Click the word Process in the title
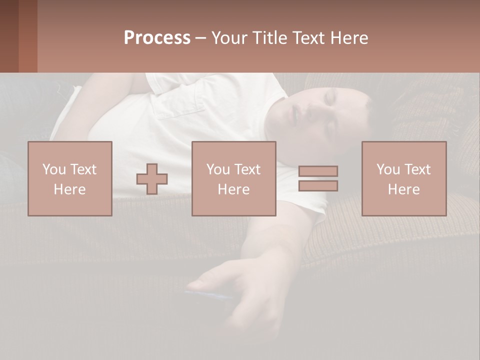(157, 38)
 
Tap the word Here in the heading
(348, 38)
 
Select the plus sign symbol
(152, 179)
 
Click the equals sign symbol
(318, 178)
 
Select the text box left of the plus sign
(70, 178)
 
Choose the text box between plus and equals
(233, 178)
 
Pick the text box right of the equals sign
(403, 178)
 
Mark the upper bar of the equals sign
(318, 171)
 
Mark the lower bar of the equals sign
(318, 185)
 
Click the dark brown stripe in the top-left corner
(9, 36)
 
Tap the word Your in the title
(228, 38)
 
